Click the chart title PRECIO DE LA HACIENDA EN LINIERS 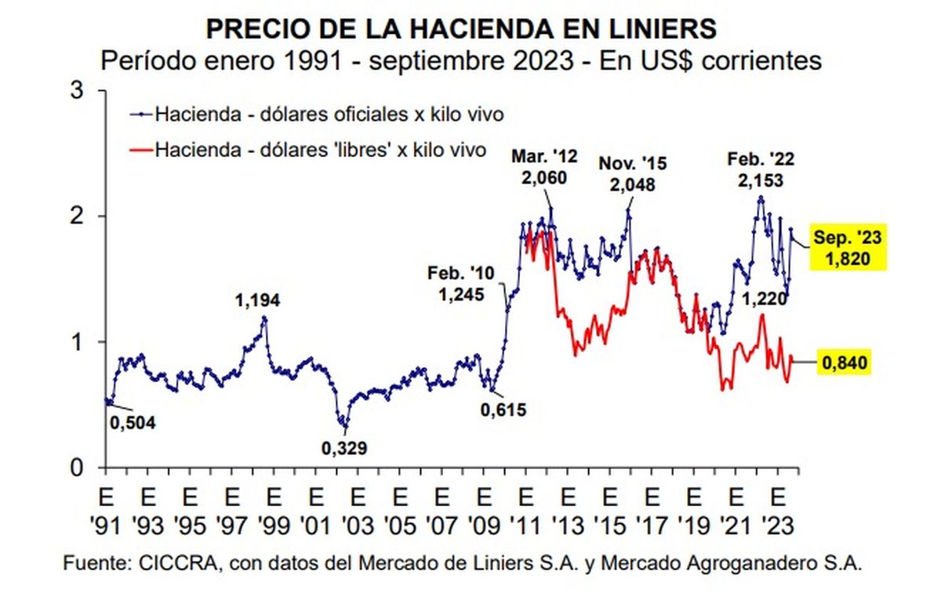[x=461, y=29]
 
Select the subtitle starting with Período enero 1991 [x=461, y=60]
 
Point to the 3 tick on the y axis [x=78, y=90]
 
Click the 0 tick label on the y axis [x=78, y=468]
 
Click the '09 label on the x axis [x=485, y=526]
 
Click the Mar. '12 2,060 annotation [x=545, y=166]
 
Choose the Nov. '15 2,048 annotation [x=631, y=174]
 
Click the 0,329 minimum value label [x=345, y=448]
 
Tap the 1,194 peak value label [x=258, y=300]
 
